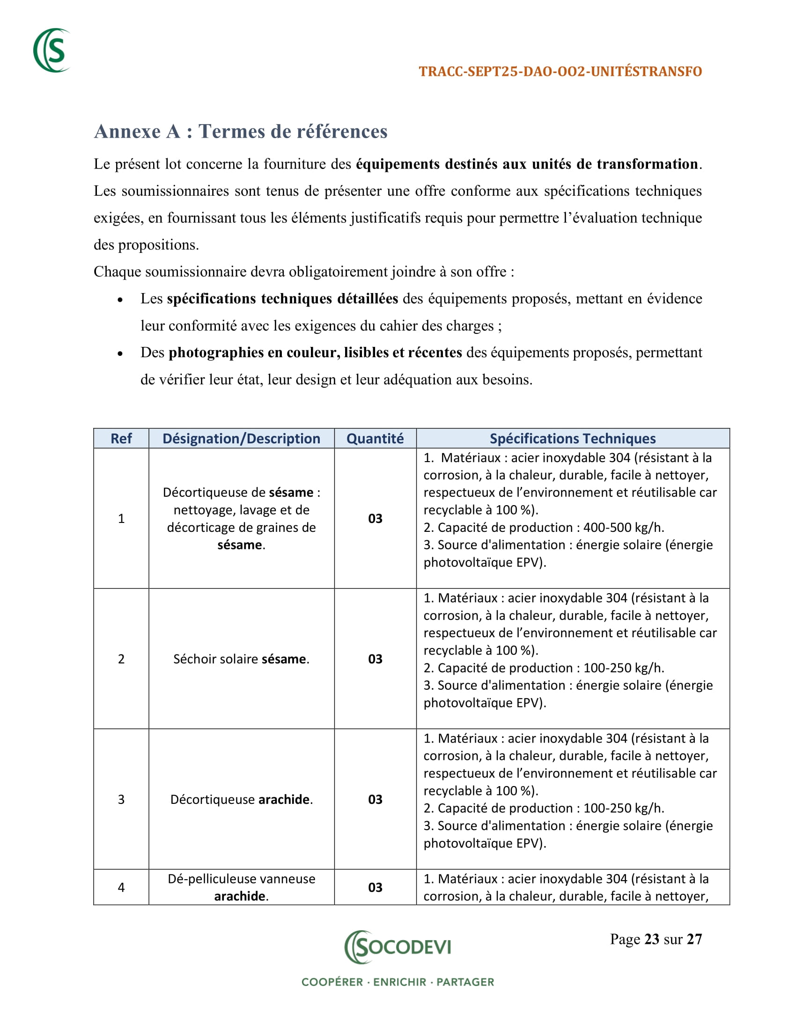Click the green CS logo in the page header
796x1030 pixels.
[52, 51]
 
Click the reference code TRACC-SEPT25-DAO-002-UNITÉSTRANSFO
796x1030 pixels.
[560, 72]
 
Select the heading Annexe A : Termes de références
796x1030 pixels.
[241, 132]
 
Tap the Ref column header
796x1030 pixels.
[121, 439]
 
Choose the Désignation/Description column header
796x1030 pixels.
[242, 439]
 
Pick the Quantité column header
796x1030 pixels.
[375, 439]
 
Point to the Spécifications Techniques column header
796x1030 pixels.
[573, 439]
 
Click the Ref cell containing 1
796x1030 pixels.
[121, 518]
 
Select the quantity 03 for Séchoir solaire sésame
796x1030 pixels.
[375, 659]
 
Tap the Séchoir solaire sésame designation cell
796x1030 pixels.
[242, 659]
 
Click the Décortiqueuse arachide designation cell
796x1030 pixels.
[242, 799]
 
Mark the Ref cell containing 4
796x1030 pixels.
[121, 887]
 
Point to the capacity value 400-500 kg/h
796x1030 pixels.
[623, 527]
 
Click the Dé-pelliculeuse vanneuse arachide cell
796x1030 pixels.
[242, 887]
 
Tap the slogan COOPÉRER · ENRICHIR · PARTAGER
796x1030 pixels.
[398, 982]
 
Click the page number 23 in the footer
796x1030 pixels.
[652, 939]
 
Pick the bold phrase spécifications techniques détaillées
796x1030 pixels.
[282, 299]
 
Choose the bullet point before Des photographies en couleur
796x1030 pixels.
[120, 353]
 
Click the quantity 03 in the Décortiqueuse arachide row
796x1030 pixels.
[375, 799]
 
